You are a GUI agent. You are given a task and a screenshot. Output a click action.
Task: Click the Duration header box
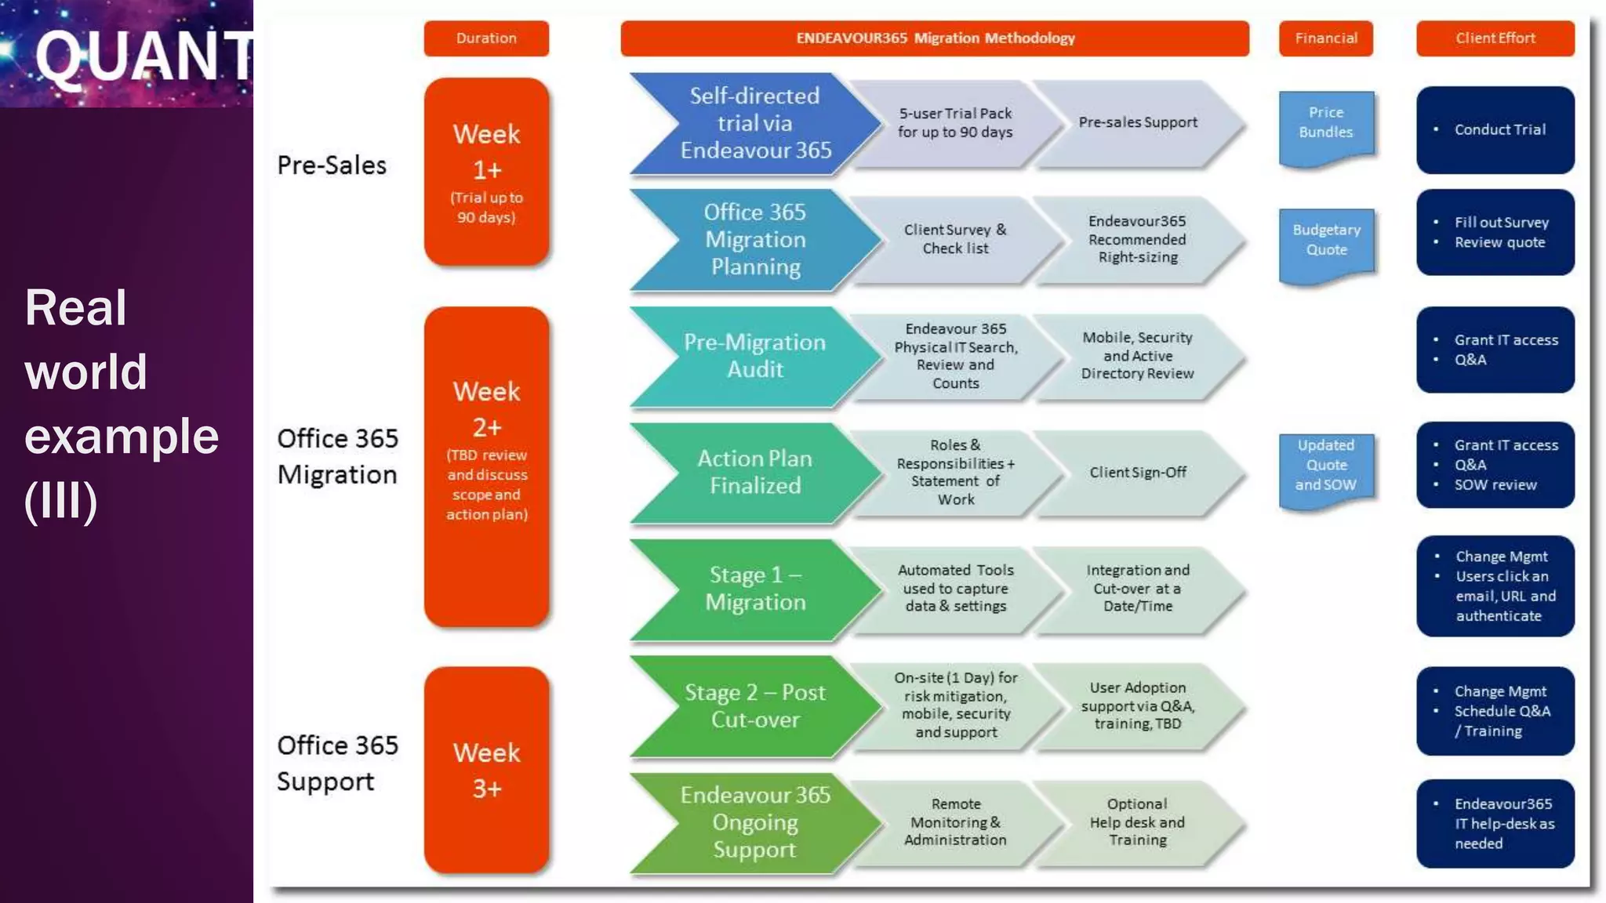tap(486, 38)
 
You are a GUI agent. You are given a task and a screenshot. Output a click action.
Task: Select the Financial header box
tap(1325, 38)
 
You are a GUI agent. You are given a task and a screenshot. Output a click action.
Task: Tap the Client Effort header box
tap(1495, 38)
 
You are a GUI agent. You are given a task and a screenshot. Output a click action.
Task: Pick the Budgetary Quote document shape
tap(1326, 241)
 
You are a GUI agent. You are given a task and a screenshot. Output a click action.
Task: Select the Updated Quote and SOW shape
tap(1326, 466)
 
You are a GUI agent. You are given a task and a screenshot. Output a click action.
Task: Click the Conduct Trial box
tap(1495, 130)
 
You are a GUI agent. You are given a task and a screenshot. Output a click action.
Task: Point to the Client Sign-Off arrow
tap(1138, 473)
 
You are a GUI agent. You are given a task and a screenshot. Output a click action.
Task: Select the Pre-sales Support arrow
tap(1138, 123)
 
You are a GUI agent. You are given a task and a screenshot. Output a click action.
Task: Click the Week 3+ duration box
tap(486, 770)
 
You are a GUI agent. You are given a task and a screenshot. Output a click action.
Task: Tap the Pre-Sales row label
tap(332, 166)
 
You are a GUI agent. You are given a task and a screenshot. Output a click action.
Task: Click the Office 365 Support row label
tap(338, 763)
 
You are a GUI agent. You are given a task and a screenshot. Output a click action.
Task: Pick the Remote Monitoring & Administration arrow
tap(955, 822)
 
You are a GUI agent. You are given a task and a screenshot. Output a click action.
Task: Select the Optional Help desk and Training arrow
tap(1138, 822)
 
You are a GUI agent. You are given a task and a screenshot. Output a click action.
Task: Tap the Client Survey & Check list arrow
tap(955, 239)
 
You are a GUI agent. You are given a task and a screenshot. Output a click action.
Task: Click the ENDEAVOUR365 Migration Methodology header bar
tap(935, 38)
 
